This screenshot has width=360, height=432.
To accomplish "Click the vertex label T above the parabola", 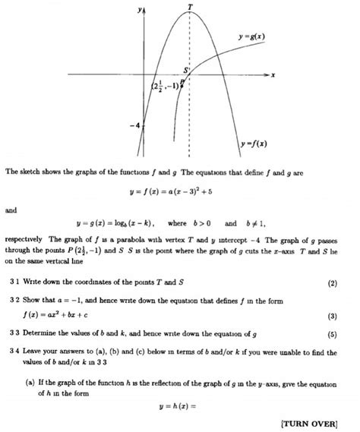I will pos(189,7).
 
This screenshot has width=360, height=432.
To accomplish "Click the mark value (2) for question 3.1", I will pos(333,285).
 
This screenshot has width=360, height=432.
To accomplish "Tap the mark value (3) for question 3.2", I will pos(333,316).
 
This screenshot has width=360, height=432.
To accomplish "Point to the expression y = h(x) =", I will pos(179,402).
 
